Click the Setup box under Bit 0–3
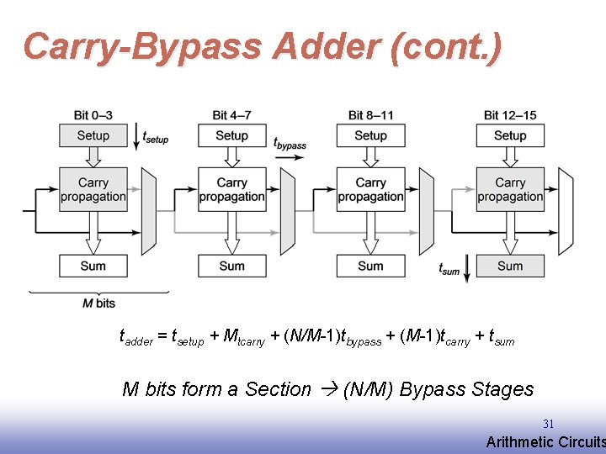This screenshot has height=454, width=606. point(93,135)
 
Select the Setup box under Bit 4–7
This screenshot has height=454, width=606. point(231,135)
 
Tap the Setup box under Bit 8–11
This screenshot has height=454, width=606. point(370,135)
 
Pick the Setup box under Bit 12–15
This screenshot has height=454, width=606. point(510,135)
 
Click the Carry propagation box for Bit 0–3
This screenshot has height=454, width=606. point(93,189)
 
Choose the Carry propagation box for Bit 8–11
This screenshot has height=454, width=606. point(370,189)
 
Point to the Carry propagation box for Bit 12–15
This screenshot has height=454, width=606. point(510,189)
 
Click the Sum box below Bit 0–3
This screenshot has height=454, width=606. point(93,266)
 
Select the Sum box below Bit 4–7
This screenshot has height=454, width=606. point(231,266)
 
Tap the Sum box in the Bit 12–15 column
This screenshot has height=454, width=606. point(510,266)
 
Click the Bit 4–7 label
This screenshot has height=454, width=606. point(231,115)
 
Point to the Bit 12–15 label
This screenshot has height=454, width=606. point(510,115)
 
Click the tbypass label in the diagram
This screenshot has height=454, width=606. point(290,144)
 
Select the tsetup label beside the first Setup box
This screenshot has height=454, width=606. point(156,136)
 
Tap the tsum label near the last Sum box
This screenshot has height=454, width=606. point(450,269)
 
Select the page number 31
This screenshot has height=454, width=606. point(548,425)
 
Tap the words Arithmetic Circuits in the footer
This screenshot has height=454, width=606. point(545,442)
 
